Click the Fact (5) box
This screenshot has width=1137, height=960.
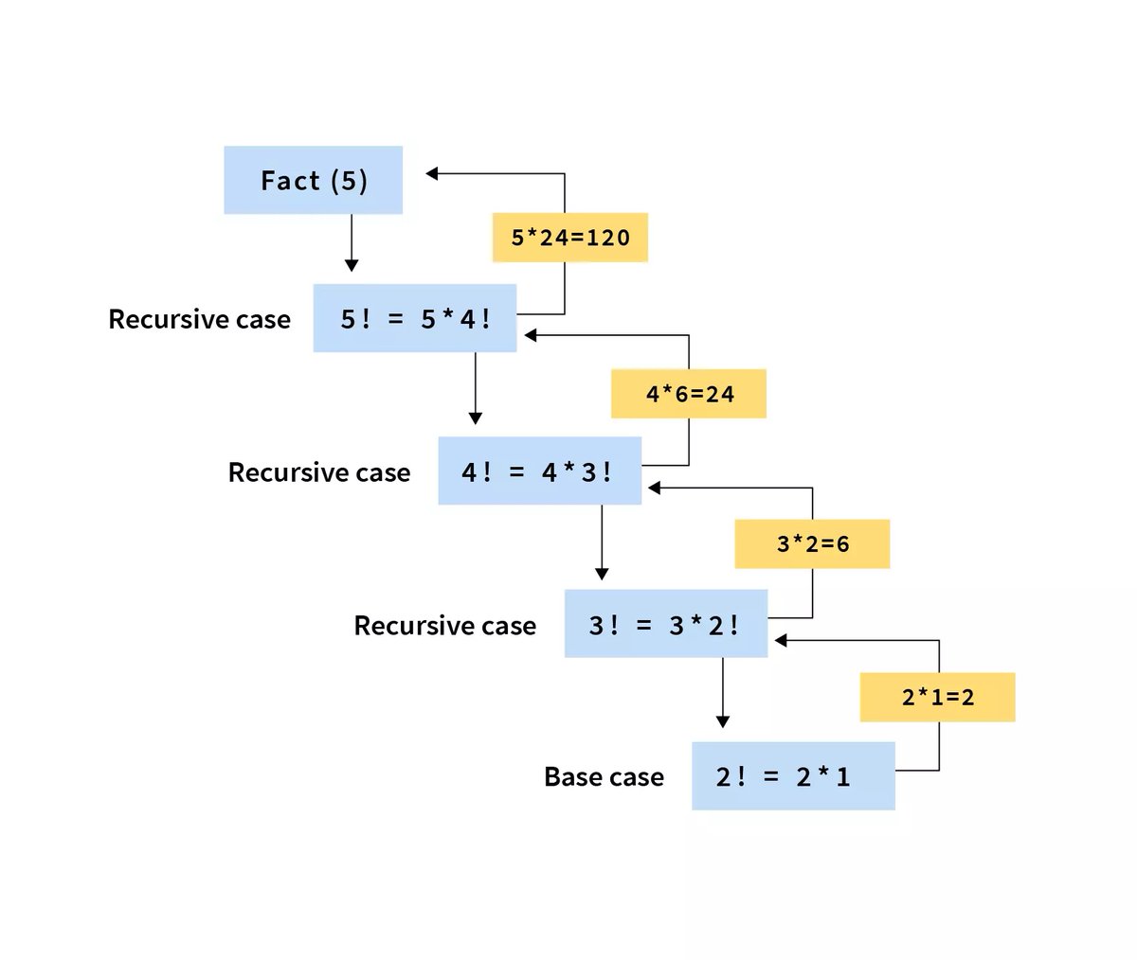313,180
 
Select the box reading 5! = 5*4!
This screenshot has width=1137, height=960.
415,318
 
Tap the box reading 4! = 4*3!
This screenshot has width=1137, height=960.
539,471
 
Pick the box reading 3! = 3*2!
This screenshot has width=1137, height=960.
665,624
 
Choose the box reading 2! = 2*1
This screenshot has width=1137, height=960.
793,776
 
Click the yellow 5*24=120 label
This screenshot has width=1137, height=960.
569,237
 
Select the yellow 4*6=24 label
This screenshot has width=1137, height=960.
689,394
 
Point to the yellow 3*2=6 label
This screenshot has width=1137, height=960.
812,543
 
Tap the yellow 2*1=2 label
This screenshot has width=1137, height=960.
937,697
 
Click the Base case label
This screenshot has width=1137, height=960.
604,776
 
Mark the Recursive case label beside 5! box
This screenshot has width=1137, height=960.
199,319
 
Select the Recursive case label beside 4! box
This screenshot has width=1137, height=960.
319,471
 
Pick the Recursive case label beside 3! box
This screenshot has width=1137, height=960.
444,625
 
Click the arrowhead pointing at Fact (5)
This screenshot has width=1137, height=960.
432,173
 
